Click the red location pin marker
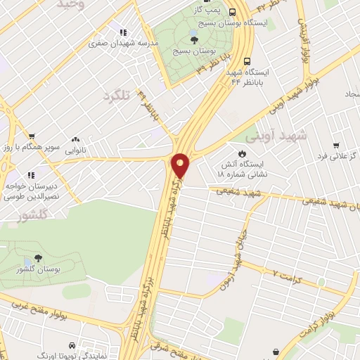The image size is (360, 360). click(181, 166)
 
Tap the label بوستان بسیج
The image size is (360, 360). click(195, 52)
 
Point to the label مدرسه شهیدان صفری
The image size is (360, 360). click(123, 43)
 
